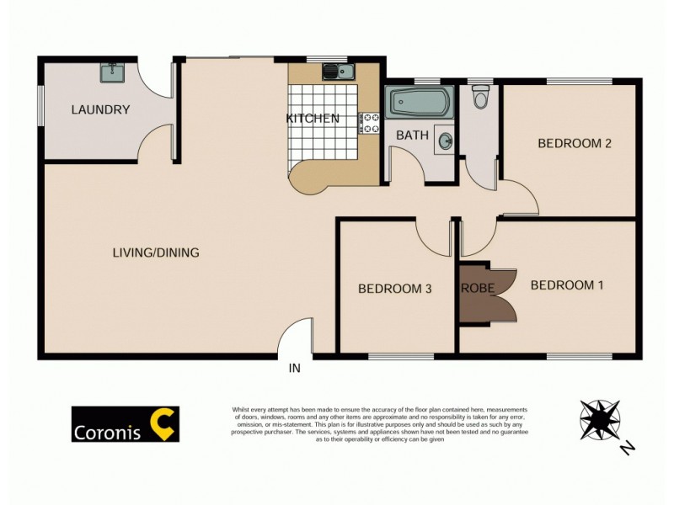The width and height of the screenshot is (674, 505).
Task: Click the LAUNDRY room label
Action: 100,109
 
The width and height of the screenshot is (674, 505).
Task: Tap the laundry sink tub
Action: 113,73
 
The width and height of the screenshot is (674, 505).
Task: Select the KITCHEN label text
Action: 313,119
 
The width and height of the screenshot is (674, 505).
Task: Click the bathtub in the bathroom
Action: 420,104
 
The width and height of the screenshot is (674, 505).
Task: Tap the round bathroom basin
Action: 445,142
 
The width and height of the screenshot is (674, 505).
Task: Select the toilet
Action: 481,98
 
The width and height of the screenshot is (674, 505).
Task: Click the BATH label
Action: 413,135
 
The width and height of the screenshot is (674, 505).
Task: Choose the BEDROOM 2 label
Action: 575,143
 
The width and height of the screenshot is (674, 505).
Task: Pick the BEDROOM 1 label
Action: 567,285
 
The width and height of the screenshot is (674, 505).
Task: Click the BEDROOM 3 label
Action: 395,289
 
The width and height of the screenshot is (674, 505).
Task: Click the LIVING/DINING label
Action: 156,252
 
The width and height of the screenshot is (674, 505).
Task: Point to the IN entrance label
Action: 295,368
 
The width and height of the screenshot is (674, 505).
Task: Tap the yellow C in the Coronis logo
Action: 163,424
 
